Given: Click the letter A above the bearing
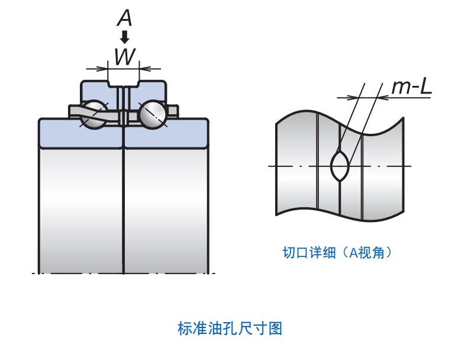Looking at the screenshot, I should tap(124, 17).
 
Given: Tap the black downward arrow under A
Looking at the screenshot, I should tap(124, 37).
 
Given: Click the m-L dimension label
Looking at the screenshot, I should tap(412, 87).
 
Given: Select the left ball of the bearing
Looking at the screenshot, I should tap(93, 114).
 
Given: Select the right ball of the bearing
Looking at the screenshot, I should tap(153, 114).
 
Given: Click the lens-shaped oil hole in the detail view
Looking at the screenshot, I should tap(340, 166).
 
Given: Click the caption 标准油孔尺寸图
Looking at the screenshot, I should tap(230, 328).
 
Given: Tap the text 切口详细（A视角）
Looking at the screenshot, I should tap(337, 253).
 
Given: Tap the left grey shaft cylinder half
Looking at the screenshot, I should tap(81, 207).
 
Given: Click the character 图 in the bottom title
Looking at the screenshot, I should tap(274, 328).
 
